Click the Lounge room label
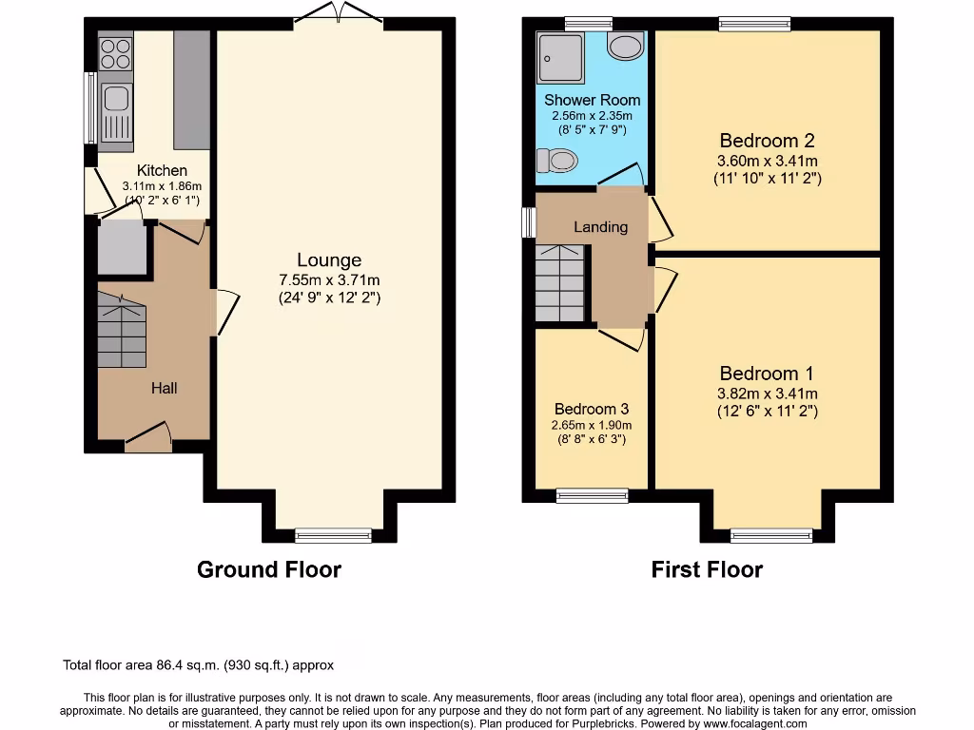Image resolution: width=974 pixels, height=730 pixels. [x=329, y=260]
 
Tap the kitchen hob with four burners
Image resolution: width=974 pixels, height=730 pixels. [x=115, y=52]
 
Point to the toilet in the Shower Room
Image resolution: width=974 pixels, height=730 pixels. [x=558, y=161]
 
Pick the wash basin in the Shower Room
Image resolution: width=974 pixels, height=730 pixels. [x=625, y=46]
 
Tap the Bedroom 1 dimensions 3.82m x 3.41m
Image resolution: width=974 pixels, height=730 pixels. [x=767, y=394]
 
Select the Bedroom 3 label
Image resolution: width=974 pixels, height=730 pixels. [x=592, y=409]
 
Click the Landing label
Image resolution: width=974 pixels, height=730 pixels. [x=600, y=227]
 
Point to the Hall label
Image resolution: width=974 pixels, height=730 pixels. [x=164, y=388]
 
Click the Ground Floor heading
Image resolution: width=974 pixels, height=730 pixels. [x=268, y=569]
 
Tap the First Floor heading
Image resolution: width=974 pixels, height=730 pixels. [x=707, y=569]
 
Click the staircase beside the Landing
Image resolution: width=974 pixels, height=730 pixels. [x=559, y=283]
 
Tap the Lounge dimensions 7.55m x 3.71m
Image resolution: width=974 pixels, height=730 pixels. [x=329, y=280]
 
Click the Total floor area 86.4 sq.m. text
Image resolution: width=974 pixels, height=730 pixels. [x=198, y=665]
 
